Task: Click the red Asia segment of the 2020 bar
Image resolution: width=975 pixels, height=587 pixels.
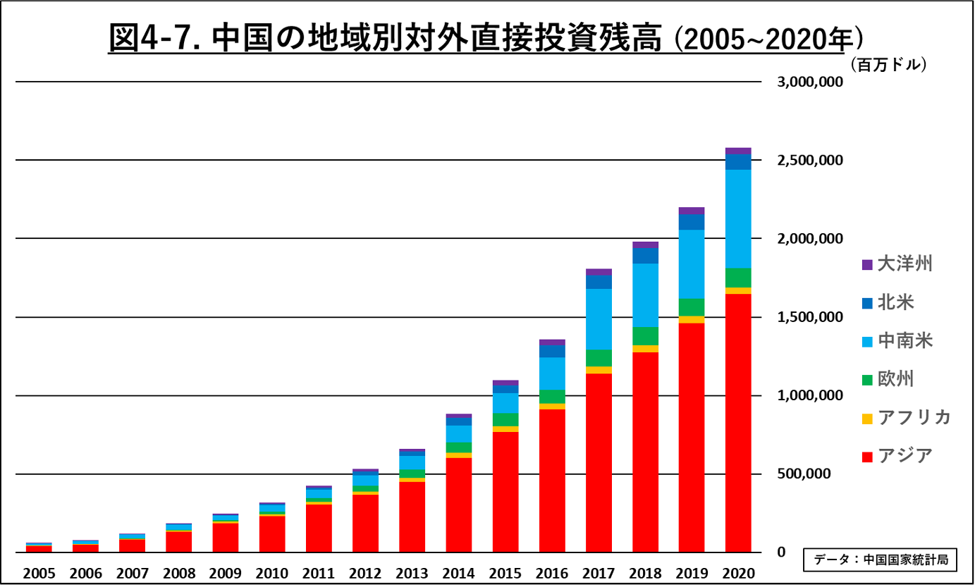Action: tap(738, 423)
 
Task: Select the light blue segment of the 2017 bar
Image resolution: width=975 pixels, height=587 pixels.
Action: tap(599, 319)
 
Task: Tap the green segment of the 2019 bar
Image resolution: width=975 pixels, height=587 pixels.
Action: tap(692, 307)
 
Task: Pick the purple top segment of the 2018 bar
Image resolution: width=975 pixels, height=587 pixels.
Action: tap(645, 245)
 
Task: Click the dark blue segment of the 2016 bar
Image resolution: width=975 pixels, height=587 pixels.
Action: tap(552, 351)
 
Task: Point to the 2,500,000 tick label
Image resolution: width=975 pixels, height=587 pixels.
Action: tap(809, 160)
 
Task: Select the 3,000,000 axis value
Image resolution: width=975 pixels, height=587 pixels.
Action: tap(809, 82)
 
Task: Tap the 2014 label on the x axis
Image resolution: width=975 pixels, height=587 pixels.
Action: tap(459, 573)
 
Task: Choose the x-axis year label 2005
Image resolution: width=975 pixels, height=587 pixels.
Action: tap(39, 573)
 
